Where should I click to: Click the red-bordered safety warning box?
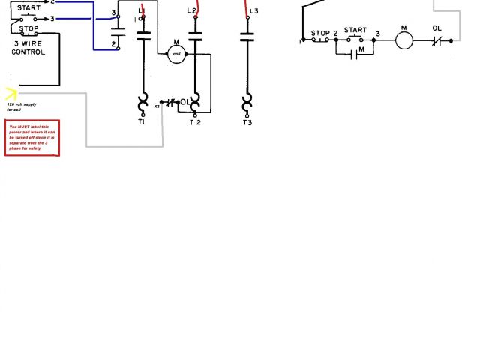point(32,138)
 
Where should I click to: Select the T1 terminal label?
point(141,122)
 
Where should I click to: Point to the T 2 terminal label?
point(195,122)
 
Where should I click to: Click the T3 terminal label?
point(248,122)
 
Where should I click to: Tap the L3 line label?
point(253,11)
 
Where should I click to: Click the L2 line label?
point(191,11)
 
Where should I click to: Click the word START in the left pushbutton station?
point(29,8)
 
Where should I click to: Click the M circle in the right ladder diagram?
point(404,40)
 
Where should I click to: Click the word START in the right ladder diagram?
point(355,30)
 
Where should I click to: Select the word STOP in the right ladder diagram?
point(320,33)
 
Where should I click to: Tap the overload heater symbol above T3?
point(247,101)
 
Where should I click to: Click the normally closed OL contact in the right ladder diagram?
point(438,40)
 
